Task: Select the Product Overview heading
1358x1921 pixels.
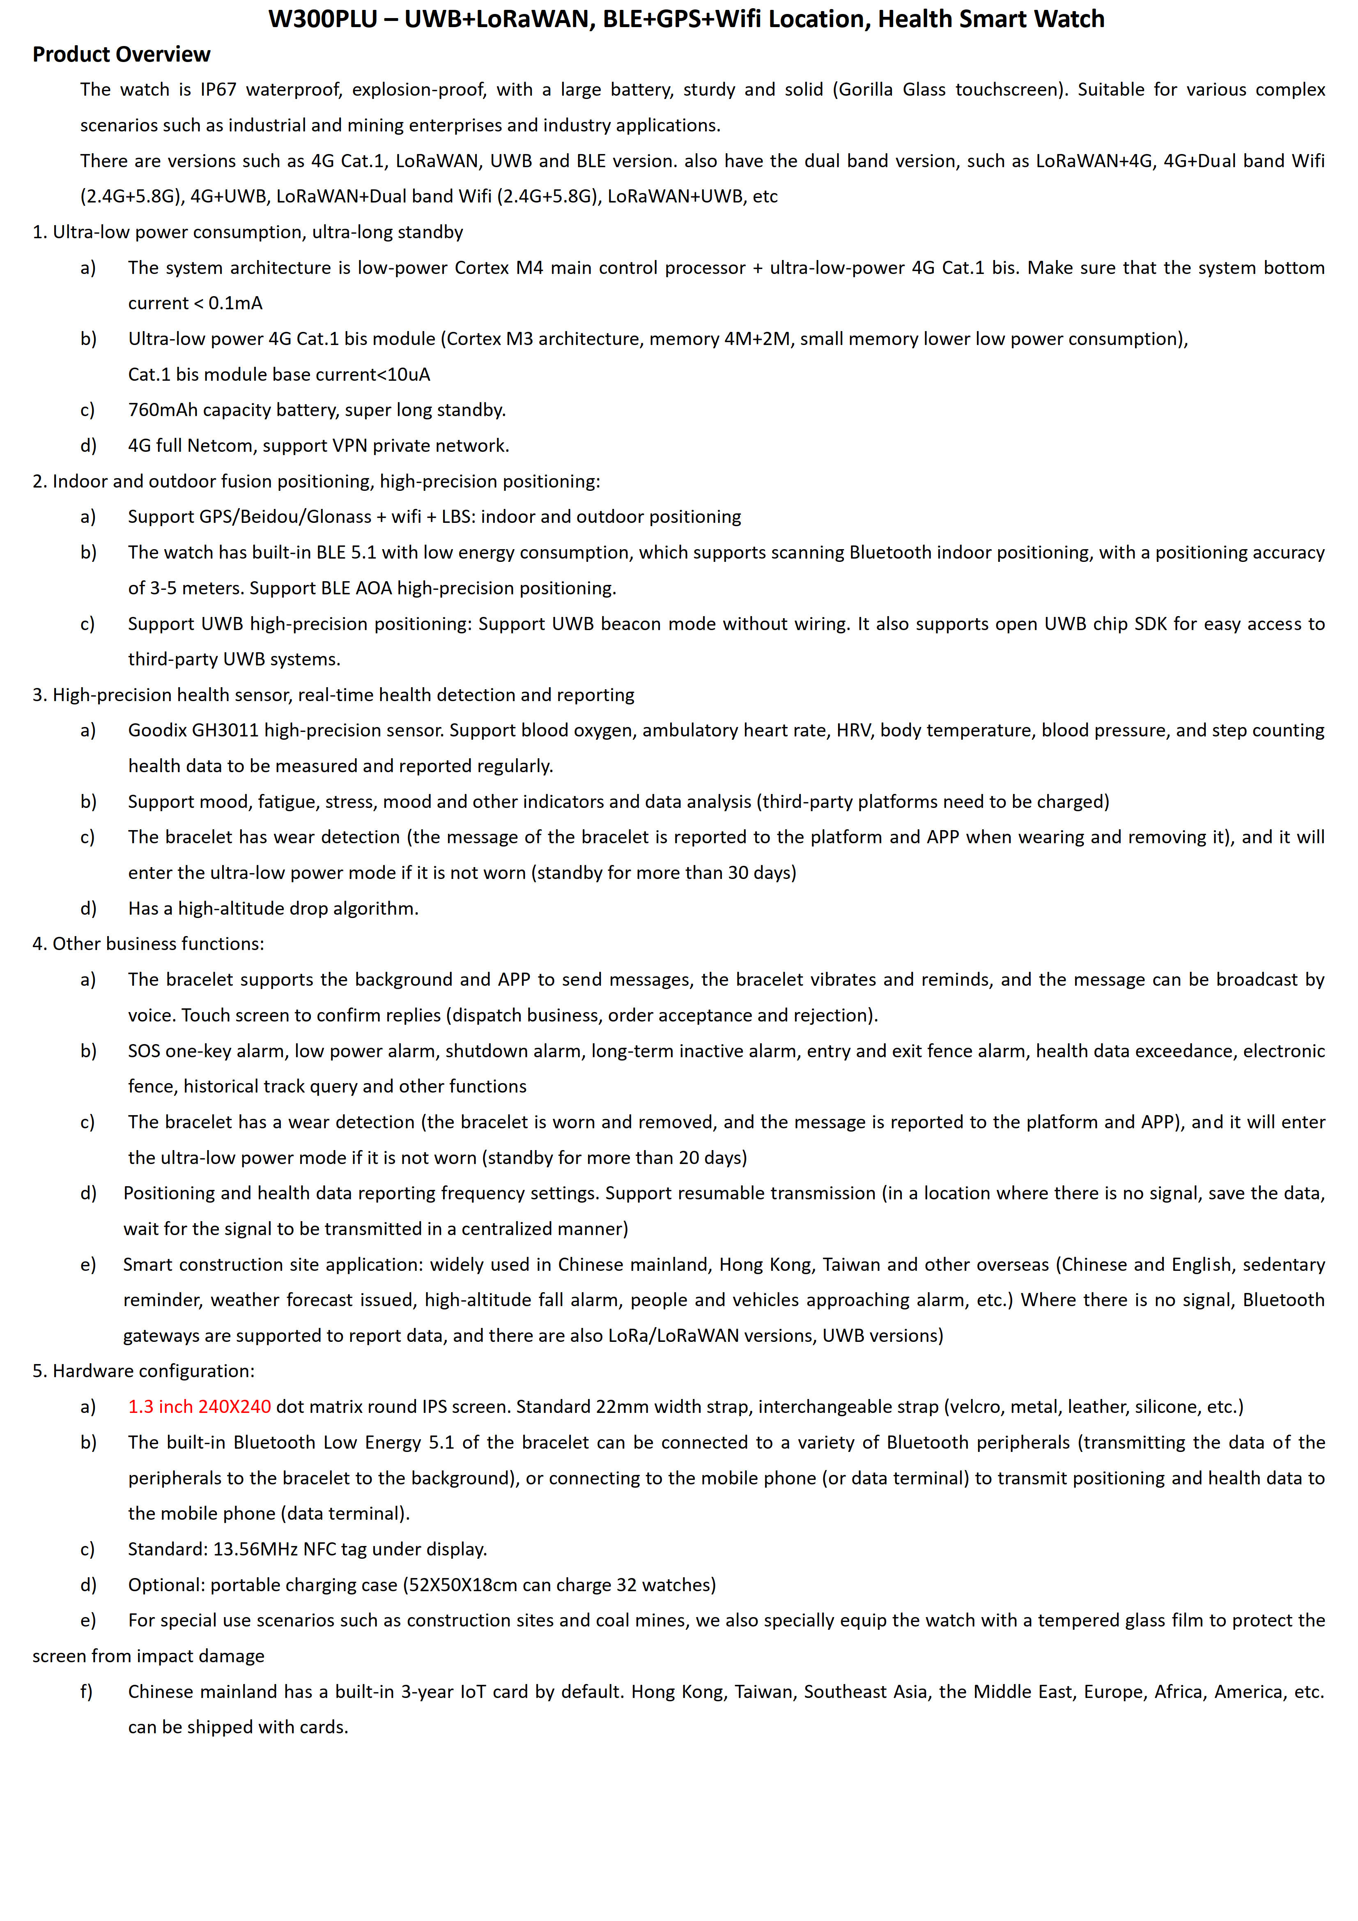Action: click(121, 54)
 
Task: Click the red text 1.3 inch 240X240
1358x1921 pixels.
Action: click(199, 1406)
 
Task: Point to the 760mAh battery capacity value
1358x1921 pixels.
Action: click(163, 410)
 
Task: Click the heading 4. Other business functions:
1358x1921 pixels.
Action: click(148, 944)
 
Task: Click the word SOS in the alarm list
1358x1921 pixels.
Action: click(144, 1051)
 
